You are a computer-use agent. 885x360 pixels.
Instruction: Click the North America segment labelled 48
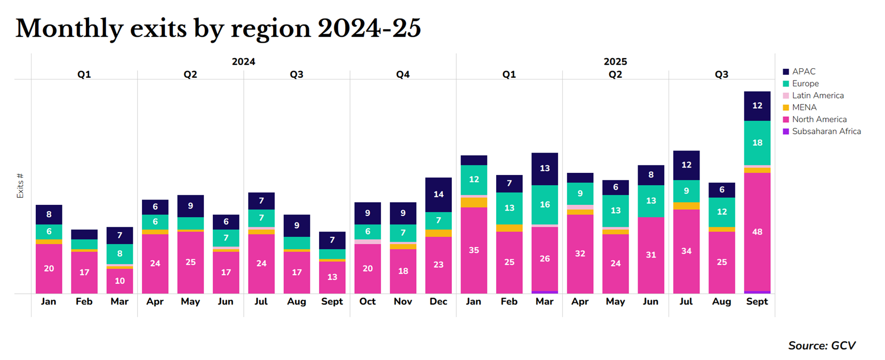757,232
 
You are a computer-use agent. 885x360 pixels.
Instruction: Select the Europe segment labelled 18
757,143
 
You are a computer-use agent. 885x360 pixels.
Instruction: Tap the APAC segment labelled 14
438,195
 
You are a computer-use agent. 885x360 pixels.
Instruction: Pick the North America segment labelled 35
474,250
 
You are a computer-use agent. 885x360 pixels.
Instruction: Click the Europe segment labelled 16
545,205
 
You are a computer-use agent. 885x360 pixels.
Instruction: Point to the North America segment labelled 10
119,281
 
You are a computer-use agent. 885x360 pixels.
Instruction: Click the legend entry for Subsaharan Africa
826,131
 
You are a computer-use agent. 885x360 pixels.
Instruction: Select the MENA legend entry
804,107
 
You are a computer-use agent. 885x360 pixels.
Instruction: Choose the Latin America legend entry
817,95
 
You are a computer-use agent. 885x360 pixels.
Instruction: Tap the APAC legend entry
803,71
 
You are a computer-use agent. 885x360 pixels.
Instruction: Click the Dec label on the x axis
438,301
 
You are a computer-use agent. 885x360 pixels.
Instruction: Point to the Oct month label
368,301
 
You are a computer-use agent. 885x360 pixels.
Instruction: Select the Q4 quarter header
403,75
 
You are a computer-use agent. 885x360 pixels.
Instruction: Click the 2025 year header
615,62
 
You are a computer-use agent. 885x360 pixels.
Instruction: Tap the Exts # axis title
20,186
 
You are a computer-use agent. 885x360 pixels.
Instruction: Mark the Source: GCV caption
822,346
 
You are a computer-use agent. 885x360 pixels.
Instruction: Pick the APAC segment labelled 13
545,169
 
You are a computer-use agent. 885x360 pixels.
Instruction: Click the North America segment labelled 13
332,277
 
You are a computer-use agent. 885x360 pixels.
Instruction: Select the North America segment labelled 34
686,251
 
